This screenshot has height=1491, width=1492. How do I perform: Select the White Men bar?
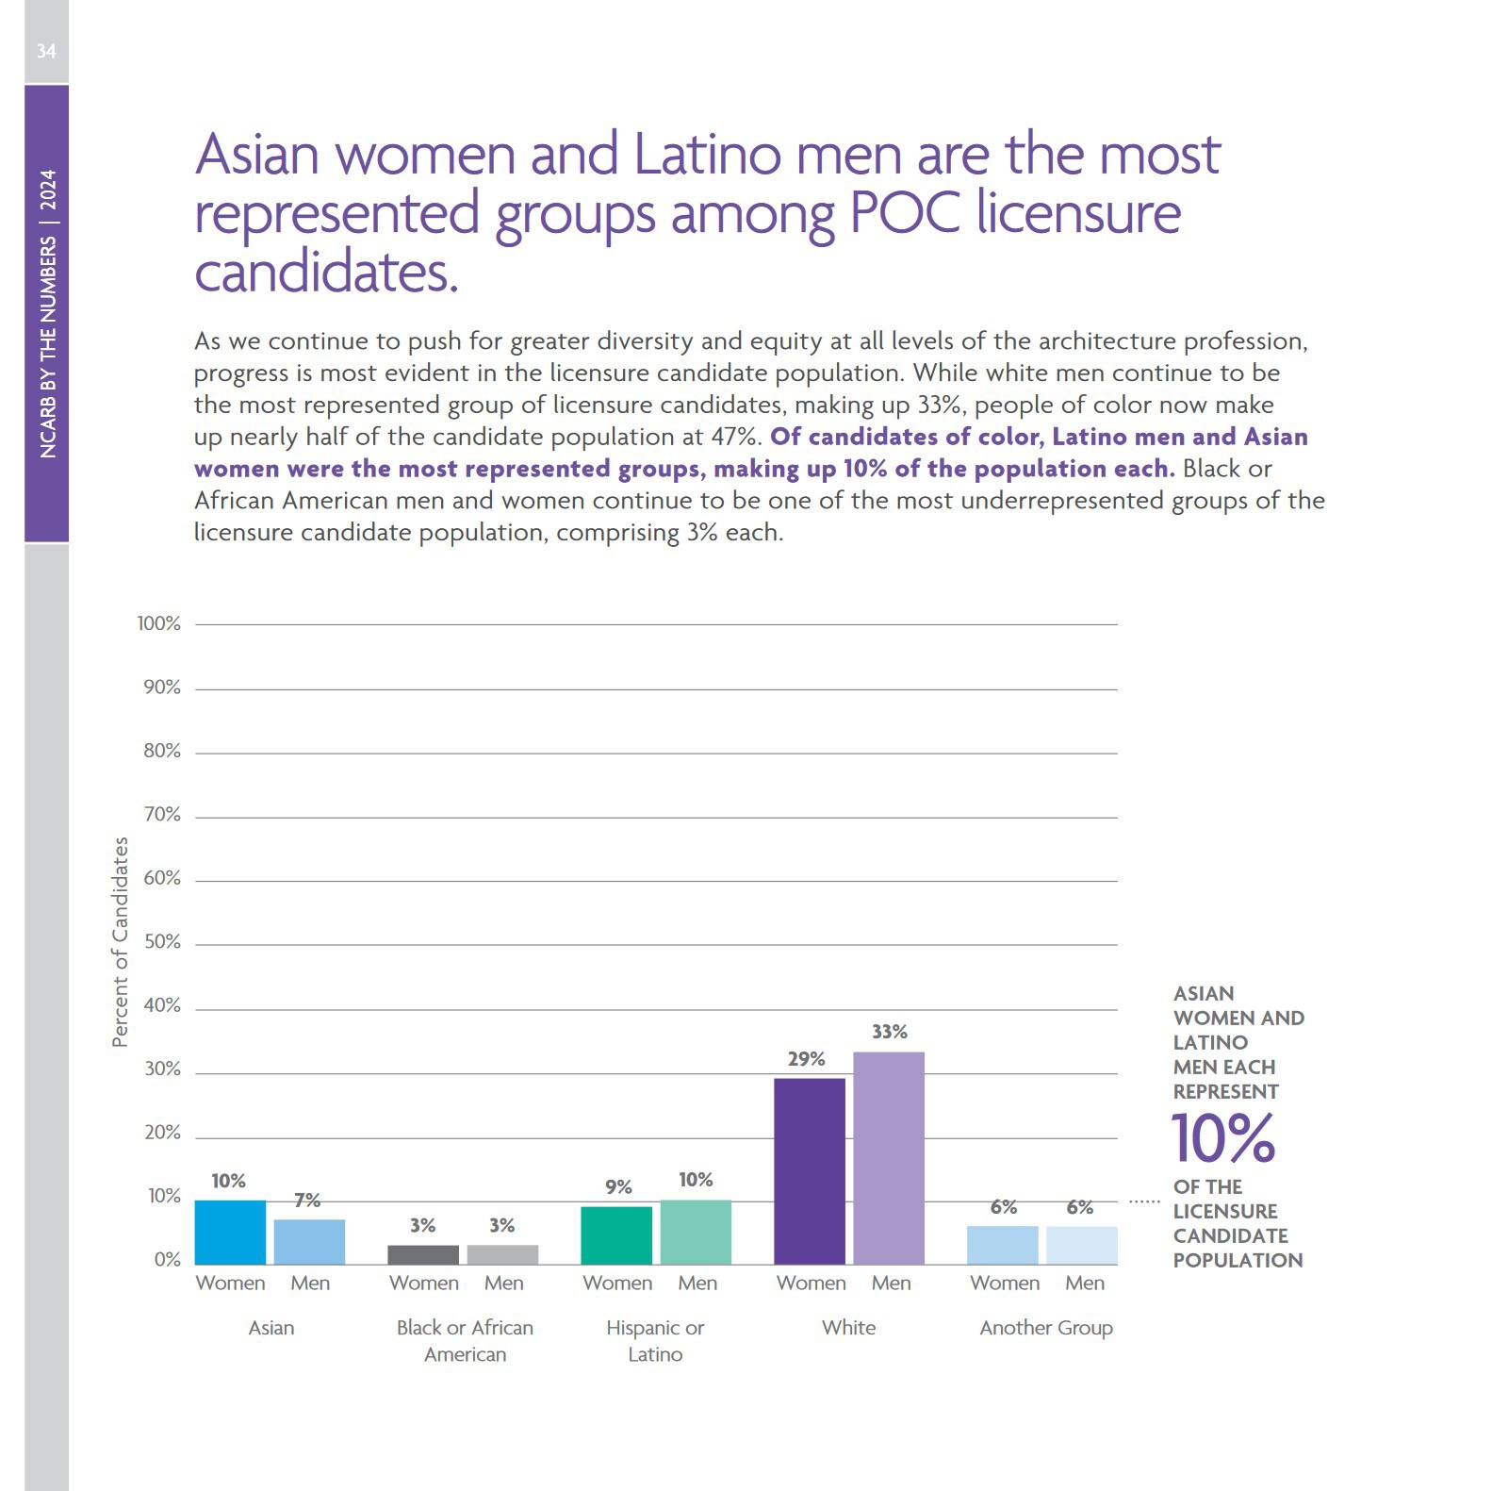coord(888,1157)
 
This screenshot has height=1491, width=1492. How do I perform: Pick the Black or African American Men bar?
coord(502,1254)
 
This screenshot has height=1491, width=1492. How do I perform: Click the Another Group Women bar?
coord(1002,1245)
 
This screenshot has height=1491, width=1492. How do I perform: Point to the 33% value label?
coord(889,1032)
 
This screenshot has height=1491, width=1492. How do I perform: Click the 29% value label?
coord(806,1059)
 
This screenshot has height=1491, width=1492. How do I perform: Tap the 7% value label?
coord(307,1201)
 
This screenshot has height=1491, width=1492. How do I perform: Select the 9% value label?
coord(618,1187)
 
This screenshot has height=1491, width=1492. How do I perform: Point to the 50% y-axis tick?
coord(162,942)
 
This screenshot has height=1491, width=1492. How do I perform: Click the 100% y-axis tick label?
coord(158,623)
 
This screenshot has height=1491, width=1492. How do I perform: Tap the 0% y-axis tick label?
coord(167,1260)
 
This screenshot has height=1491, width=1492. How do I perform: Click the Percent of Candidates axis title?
coord(120,942)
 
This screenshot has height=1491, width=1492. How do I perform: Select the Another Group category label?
coord(1046,1328)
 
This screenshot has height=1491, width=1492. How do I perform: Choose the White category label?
coord(848,1328)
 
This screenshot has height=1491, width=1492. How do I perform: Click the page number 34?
coord(46,51)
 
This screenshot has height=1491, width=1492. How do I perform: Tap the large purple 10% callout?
coord(1222,1138)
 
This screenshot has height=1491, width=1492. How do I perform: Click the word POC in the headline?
coord(904,213)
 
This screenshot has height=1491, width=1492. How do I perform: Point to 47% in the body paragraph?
coord(733,437)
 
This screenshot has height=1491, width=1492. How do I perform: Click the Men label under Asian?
coord(310,1284)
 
